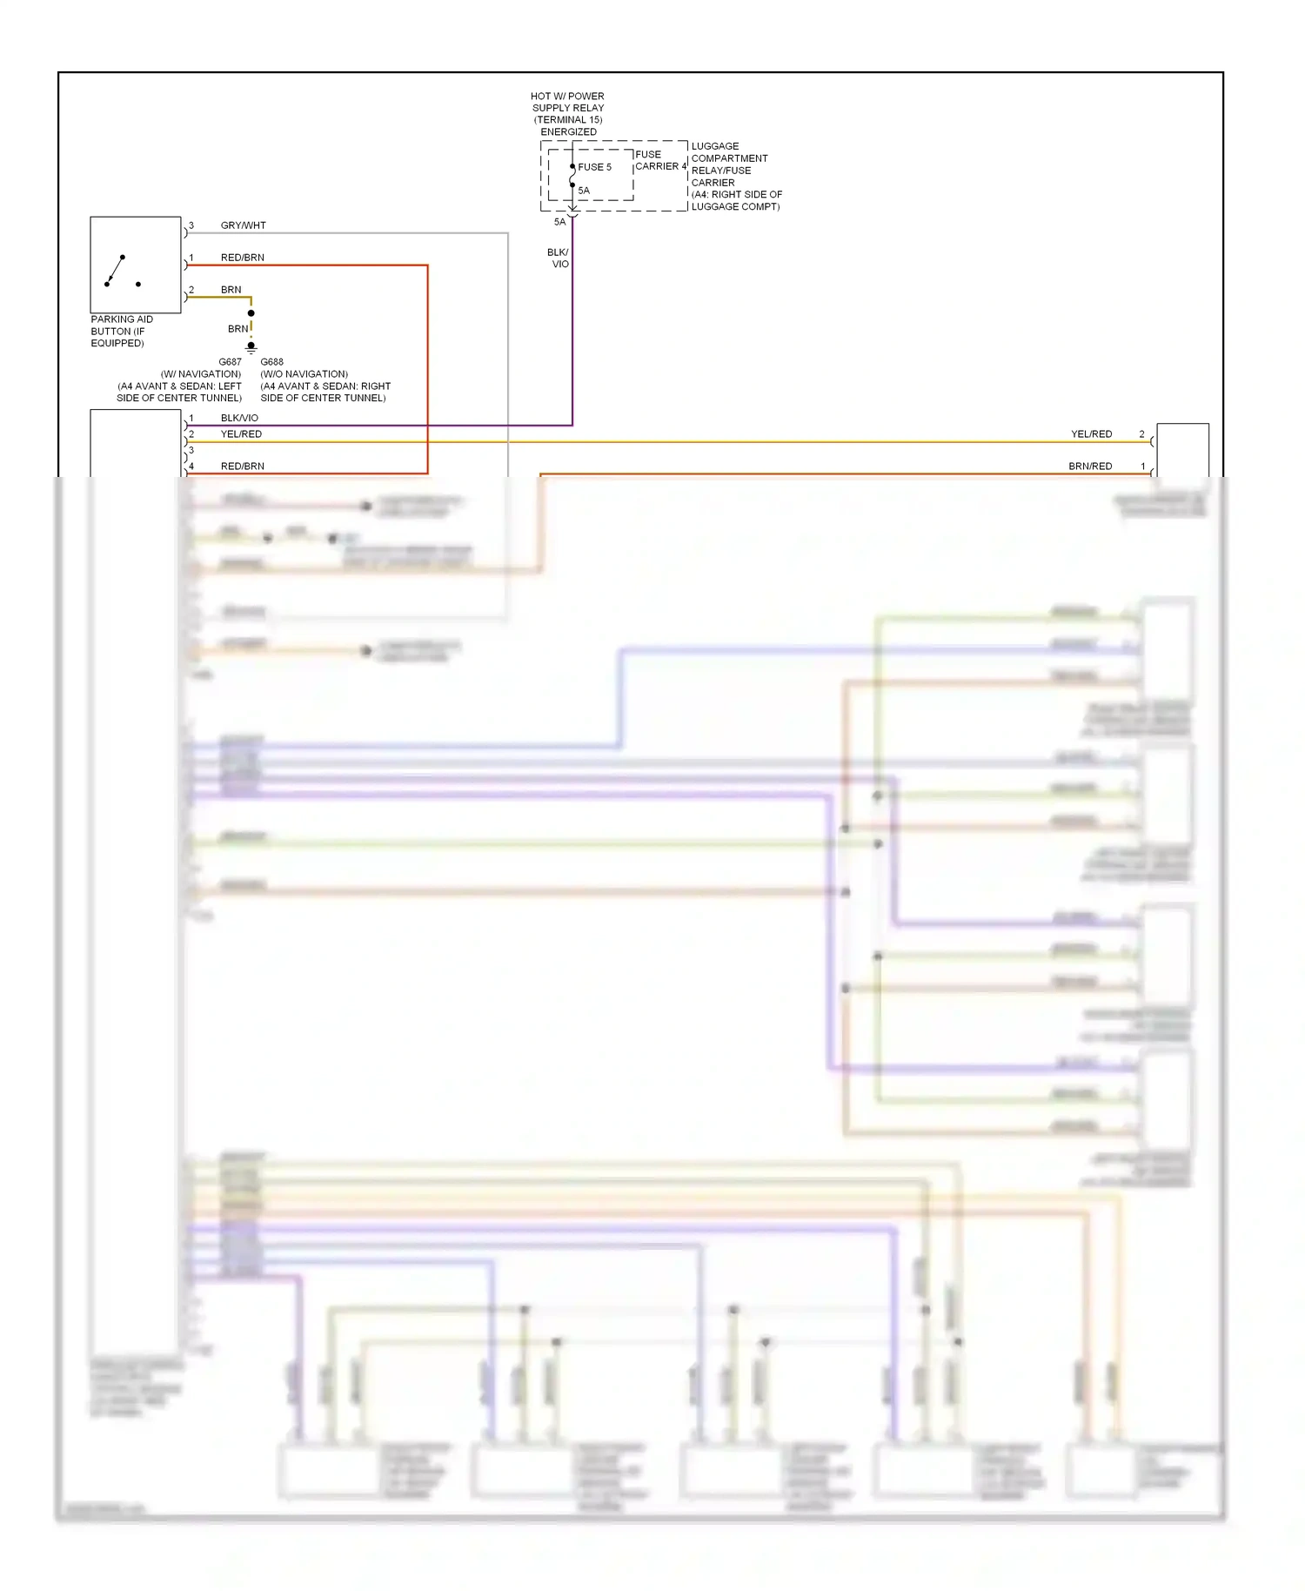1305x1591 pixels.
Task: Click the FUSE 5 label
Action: coord(594,167)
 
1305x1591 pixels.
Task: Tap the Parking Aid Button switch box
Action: coord(136,265)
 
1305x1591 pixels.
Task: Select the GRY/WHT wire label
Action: coord(243,225)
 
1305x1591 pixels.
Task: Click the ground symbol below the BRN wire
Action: coord(251,347)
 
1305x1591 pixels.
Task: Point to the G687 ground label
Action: coord(230,362)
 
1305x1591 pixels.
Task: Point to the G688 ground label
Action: coord(272,362)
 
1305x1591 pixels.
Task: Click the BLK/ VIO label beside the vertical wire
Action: coord(559,258)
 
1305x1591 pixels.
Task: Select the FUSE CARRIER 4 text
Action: coord(659,160)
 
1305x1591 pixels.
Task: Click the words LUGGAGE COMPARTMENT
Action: coord(729,152)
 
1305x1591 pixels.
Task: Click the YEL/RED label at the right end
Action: coord(1091,434)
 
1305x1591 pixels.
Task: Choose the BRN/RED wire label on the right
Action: coord(1090,467)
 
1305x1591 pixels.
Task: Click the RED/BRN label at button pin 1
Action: coord(242,258)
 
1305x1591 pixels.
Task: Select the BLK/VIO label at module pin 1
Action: coord(239,418)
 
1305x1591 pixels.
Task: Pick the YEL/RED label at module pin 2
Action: coord(241,434)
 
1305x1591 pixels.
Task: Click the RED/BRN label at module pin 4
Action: coord(242,467)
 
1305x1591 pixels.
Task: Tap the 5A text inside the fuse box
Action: coord(584,191)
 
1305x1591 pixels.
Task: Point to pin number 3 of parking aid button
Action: coord(191,225)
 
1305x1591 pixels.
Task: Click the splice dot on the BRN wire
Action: coord(251,313)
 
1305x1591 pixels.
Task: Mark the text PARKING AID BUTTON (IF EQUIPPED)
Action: coord(122,332)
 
